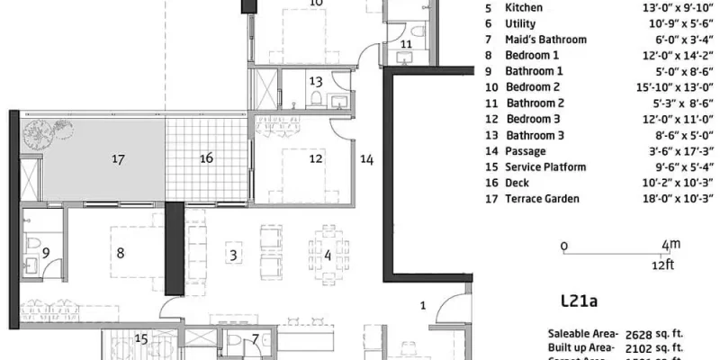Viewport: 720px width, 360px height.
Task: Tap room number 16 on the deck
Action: [206, 158]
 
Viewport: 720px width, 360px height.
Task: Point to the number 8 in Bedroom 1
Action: [120, 254]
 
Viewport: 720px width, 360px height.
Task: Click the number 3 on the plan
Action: [233, 256]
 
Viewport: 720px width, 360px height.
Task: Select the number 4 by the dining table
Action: [328, 256]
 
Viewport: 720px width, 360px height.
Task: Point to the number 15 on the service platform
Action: [140, 339]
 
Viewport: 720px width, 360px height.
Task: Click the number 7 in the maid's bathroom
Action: [256, 339]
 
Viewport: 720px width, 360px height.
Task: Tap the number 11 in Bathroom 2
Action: [406, 43]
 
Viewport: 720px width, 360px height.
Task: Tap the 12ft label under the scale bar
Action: [666, 265]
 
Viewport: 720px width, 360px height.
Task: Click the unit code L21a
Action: [578, 304]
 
